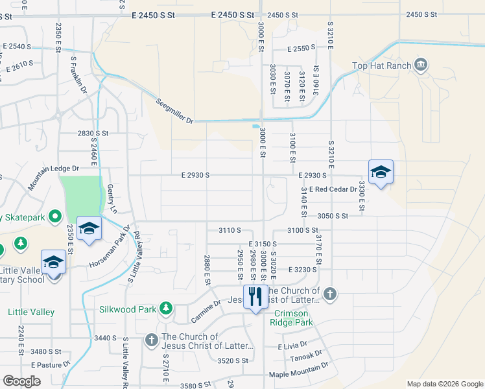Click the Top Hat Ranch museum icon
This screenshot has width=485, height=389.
[421, 65]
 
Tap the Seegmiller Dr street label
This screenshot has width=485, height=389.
[175, 111]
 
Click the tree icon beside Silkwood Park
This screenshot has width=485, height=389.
[167, 309]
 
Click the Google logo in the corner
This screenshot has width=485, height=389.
[21, 381]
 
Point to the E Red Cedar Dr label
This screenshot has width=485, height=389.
[333, 189]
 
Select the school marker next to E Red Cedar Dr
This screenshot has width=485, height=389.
[381, 172]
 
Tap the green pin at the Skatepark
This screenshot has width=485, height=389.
[56, 217]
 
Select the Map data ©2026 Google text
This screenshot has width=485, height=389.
[444, 384]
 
